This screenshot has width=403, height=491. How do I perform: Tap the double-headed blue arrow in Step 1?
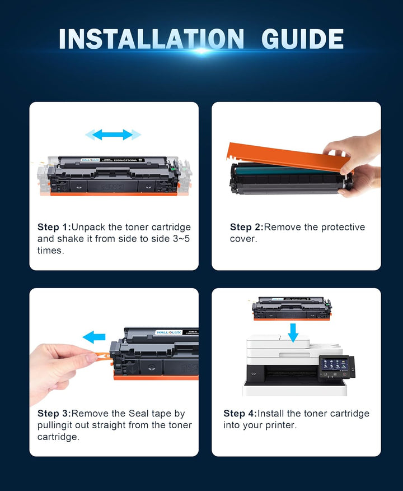[113, 135]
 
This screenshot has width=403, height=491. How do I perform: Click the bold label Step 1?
[54, 227]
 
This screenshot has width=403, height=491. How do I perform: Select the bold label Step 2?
[246, 227]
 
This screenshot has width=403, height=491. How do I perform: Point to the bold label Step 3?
[54, 414]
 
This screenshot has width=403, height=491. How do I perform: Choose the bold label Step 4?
[240, 414]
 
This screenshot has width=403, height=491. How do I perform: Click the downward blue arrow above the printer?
[293, 332]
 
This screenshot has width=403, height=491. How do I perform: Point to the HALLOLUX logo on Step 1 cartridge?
[92, 160]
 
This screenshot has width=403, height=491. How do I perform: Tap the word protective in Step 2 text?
[335, 227]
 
